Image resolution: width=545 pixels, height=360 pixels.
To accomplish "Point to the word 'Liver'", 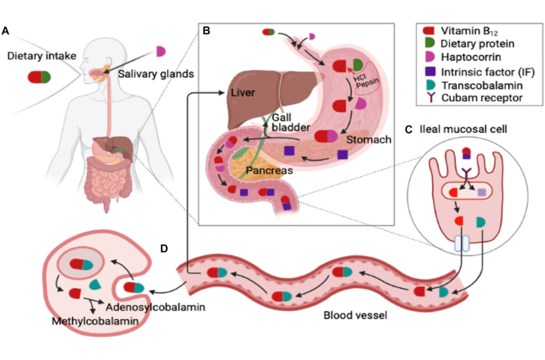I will click(243, 93).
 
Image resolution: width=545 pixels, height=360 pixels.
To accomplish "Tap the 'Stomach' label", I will click(369, 140).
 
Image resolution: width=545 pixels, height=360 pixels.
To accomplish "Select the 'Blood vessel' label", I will click(355, 315).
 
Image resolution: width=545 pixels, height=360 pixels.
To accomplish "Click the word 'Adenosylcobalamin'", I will click(155, 307).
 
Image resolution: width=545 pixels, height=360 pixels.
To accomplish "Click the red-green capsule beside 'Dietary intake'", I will click(39, 77).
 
